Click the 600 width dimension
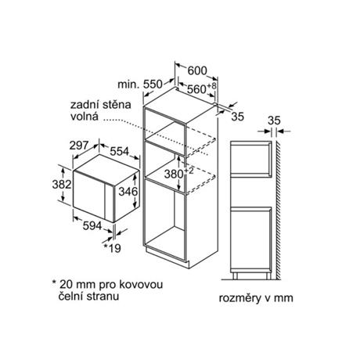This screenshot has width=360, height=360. (x=197, y=70)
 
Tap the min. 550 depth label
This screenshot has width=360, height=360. (x=140, y=84)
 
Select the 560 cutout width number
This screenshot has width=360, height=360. (x=196, y=89)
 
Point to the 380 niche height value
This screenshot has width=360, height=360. (x=174, y=174)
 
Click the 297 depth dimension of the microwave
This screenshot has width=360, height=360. (x=79, y=146)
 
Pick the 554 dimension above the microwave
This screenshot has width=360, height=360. (x=120, y=151)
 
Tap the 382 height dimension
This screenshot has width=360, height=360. (x=62, y=185)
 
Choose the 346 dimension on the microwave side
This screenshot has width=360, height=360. (x=128, y=192)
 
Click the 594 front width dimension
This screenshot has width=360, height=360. (x=92, y=226)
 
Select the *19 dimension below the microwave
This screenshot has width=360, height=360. (x=113, y=248)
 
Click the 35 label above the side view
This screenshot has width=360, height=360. (x=274, y=121)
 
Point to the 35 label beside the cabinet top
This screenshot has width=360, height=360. (x=237, y=117)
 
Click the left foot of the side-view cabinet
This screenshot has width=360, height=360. (x=235, y=276)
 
